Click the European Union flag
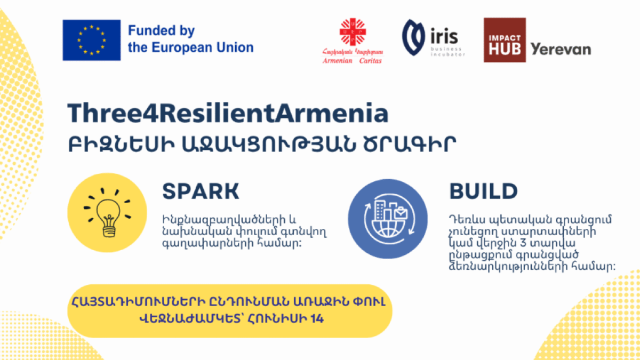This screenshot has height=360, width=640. point(91,40)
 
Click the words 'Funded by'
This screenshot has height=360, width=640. point(161,31)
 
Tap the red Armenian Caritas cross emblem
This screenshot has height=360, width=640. point(353,32)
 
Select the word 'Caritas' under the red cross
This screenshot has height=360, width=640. point(370,61)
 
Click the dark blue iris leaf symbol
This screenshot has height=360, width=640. point(413,37)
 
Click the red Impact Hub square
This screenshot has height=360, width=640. point(505,40)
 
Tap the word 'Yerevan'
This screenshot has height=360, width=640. point(561,50)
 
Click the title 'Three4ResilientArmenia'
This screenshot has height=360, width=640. point(228,114)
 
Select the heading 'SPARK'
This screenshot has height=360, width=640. point(201,191)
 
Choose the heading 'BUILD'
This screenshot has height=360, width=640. point(483,191)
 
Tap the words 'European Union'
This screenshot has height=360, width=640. point(202,47)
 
